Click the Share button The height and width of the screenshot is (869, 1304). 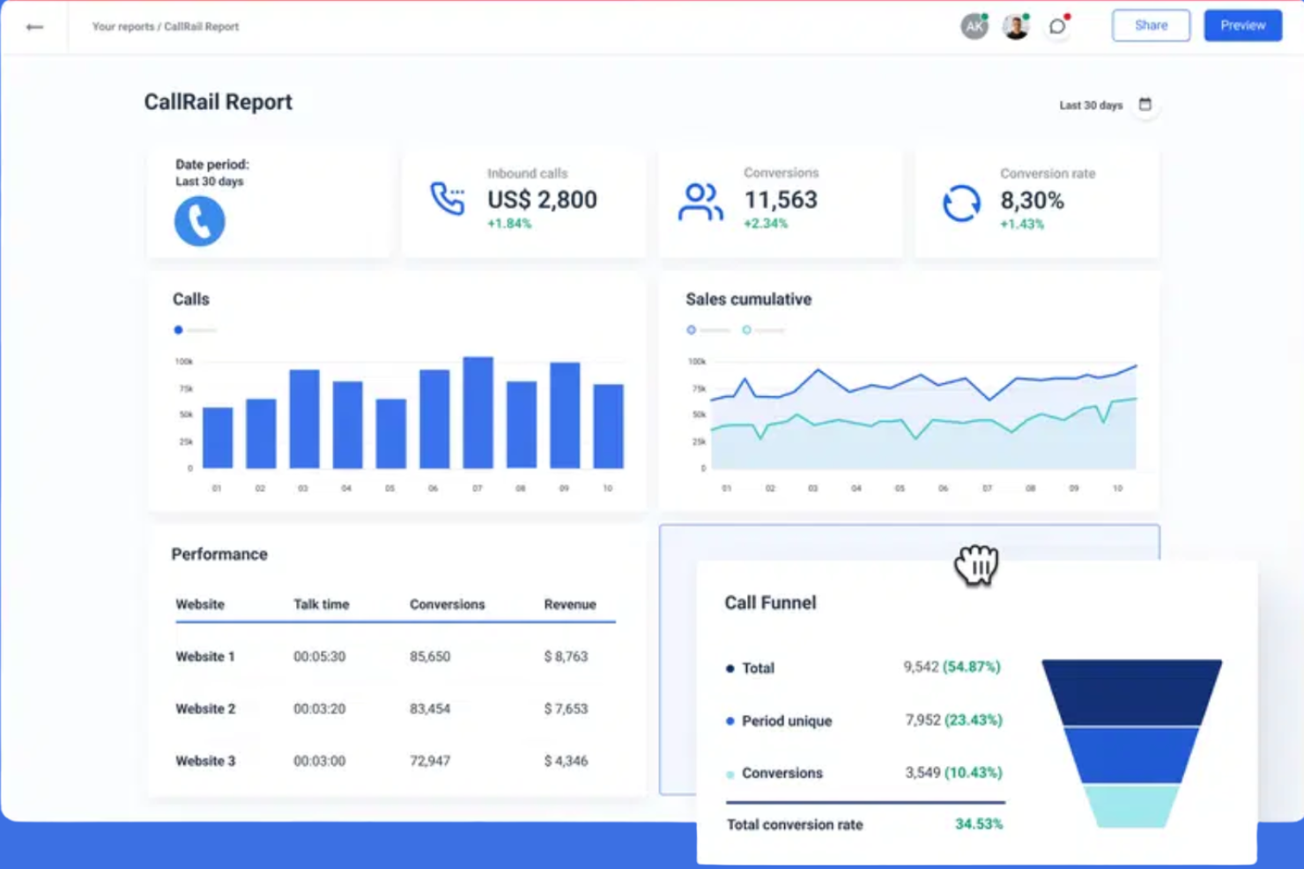click(1150, 26)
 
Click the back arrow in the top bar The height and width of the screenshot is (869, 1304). click(34, 27)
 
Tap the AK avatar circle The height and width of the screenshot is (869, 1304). click(974, 26)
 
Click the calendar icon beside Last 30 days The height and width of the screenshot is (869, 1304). click(1145, 105)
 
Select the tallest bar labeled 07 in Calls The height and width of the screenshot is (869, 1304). click(478, 412)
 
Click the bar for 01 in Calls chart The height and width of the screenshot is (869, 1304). click(218, 438)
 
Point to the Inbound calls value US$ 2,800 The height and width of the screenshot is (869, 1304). click(542, 200)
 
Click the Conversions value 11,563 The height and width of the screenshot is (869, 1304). click(781, 200)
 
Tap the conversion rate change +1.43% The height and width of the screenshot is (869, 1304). click(1022, 225)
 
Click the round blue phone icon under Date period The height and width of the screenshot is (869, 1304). click(199, 221)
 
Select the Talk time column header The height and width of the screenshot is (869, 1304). click(321, 605)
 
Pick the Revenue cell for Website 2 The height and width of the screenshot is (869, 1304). click(566, 709)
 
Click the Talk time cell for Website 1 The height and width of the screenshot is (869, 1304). click(319, 657)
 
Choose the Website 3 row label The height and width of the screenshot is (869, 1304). click(205, 761)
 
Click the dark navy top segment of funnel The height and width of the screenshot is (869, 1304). click(1131, 692)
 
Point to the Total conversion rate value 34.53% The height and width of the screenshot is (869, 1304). click(979, 824)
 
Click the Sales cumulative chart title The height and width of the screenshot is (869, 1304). click(748, 299)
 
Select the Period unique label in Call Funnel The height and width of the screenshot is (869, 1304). click(786, 721)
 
